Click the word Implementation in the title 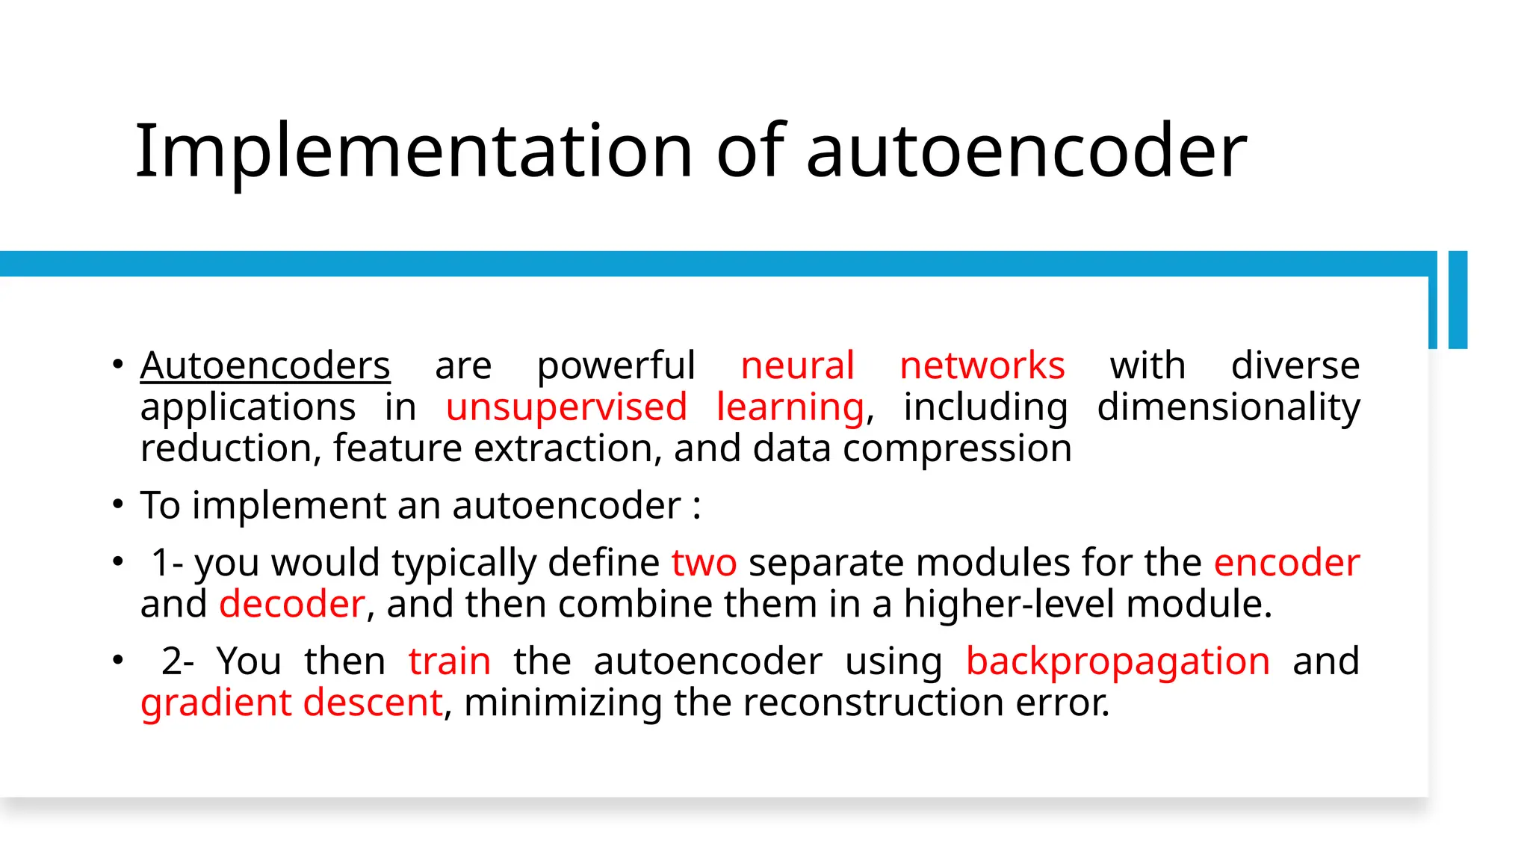(414, 152)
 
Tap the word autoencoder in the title (1026, 152)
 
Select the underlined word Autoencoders (265, 366)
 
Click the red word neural (797, 366)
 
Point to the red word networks (982, 366)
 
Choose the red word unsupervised (566, 408)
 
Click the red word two (704, 563)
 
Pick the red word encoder (1286, 563)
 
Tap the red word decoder (292, 604)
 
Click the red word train (450, 661)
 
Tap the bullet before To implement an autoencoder (118, 504)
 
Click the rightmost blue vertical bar (1458, 300)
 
